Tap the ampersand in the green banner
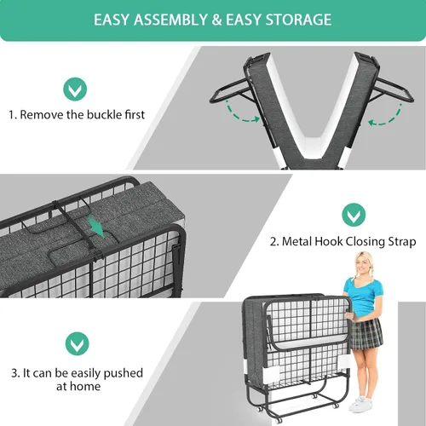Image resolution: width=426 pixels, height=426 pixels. [216, 20]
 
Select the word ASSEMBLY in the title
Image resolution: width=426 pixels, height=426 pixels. [171, 20]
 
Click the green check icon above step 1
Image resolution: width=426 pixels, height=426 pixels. [75, 89]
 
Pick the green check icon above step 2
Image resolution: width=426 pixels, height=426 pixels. [354, 215]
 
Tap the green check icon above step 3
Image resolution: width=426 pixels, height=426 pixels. [78, 343]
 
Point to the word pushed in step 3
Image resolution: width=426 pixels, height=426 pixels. [123, 373]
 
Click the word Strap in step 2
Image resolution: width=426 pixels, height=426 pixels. [402, 242]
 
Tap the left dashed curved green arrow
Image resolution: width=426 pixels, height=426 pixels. [242, 112]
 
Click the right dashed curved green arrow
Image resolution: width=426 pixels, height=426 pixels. [385, 116]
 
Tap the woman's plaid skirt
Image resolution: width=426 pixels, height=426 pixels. [366, 334]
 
